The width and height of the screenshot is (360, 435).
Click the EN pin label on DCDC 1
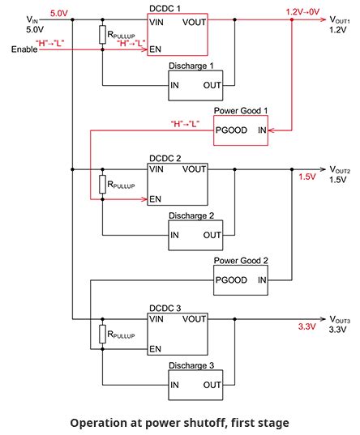tap(155, 49)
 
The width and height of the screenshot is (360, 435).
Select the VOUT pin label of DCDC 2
tap(194, 169)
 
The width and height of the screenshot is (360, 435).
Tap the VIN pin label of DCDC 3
tap(156, 319)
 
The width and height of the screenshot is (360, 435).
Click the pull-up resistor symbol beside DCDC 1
tap(102, 35)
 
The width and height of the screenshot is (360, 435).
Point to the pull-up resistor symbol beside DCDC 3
tap(102, 335)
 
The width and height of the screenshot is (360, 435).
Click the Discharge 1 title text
tap(191, 66)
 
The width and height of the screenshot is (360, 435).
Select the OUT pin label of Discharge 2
tap(212, 235)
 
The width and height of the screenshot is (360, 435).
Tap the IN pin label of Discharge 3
tap(174, 385)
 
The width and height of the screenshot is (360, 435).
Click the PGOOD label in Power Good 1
tap(231, 130)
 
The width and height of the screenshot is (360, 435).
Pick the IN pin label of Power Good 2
tap(262, 280)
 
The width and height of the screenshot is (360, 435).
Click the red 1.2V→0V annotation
tap(302, 12)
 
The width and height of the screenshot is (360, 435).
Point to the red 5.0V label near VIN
tap(59, 13)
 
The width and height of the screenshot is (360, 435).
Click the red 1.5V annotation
tap(307, 177)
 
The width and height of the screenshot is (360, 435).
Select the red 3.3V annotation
tap(307, 326)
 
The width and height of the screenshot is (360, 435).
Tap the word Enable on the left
tap(24, 49)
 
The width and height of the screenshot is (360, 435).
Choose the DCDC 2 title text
tap(165, 159)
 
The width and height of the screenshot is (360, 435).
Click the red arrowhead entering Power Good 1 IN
tap(272, 130)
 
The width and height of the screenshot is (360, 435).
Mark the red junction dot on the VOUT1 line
tap(292, 19)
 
